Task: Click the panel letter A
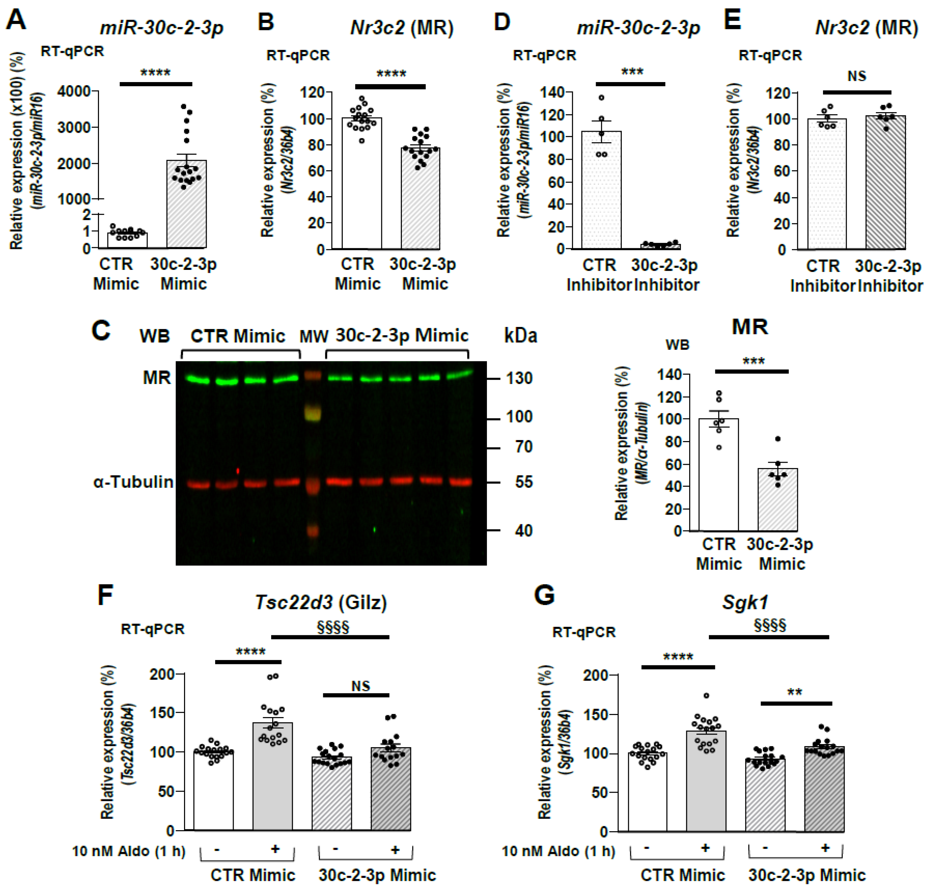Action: [x=16, y=21]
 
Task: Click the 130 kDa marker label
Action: [x=519, y=378]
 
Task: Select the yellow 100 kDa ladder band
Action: [x=312, y=413]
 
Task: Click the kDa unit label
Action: [x=520, y=336]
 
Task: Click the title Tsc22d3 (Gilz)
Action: [x=321, y=602]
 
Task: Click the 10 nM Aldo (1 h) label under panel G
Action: [x=558, y=851]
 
